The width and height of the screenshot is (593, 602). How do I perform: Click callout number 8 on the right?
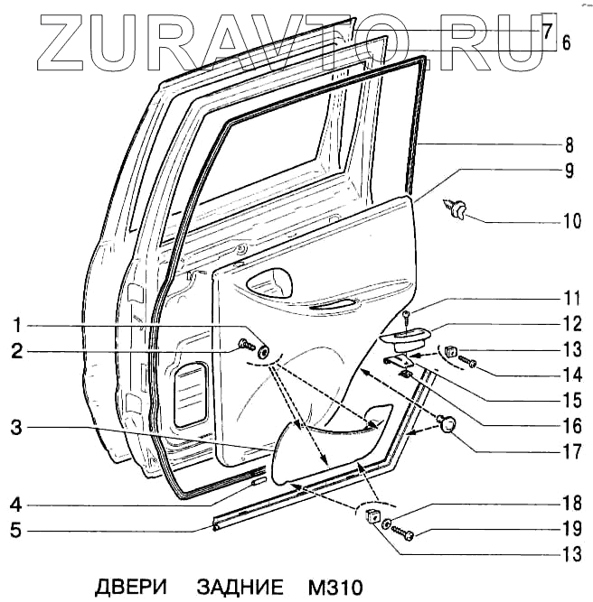[x=568, y=144]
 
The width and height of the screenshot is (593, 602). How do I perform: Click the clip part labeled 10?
[x=457, y=210]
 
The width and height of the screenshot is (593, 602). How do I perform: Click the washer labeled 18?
[x=388, y=523]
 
